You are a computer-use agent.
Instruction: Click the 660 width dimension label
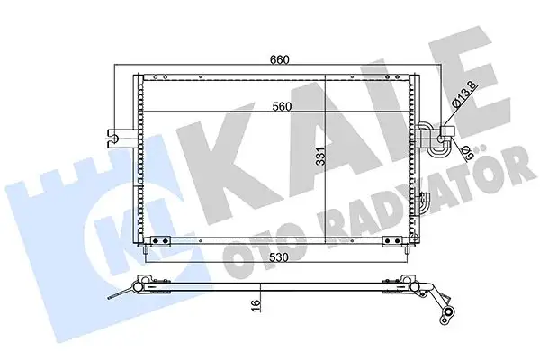[280, 59]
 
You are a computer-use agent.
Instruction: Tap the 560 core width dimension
[282, 107]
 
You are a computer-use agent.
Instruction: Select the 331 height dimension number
[320, 157]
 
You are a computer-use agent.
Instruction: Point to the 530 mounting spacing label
[279, 257]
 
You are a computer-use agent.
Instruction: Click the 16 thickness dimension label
[255, 305]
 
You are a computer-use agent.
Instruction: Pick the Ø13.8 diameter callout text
[463, 94]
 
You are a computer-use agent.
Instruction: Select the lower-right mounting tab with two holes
[392, 240]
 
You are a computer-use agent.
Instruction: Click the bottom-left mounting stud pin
[146, 250]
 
